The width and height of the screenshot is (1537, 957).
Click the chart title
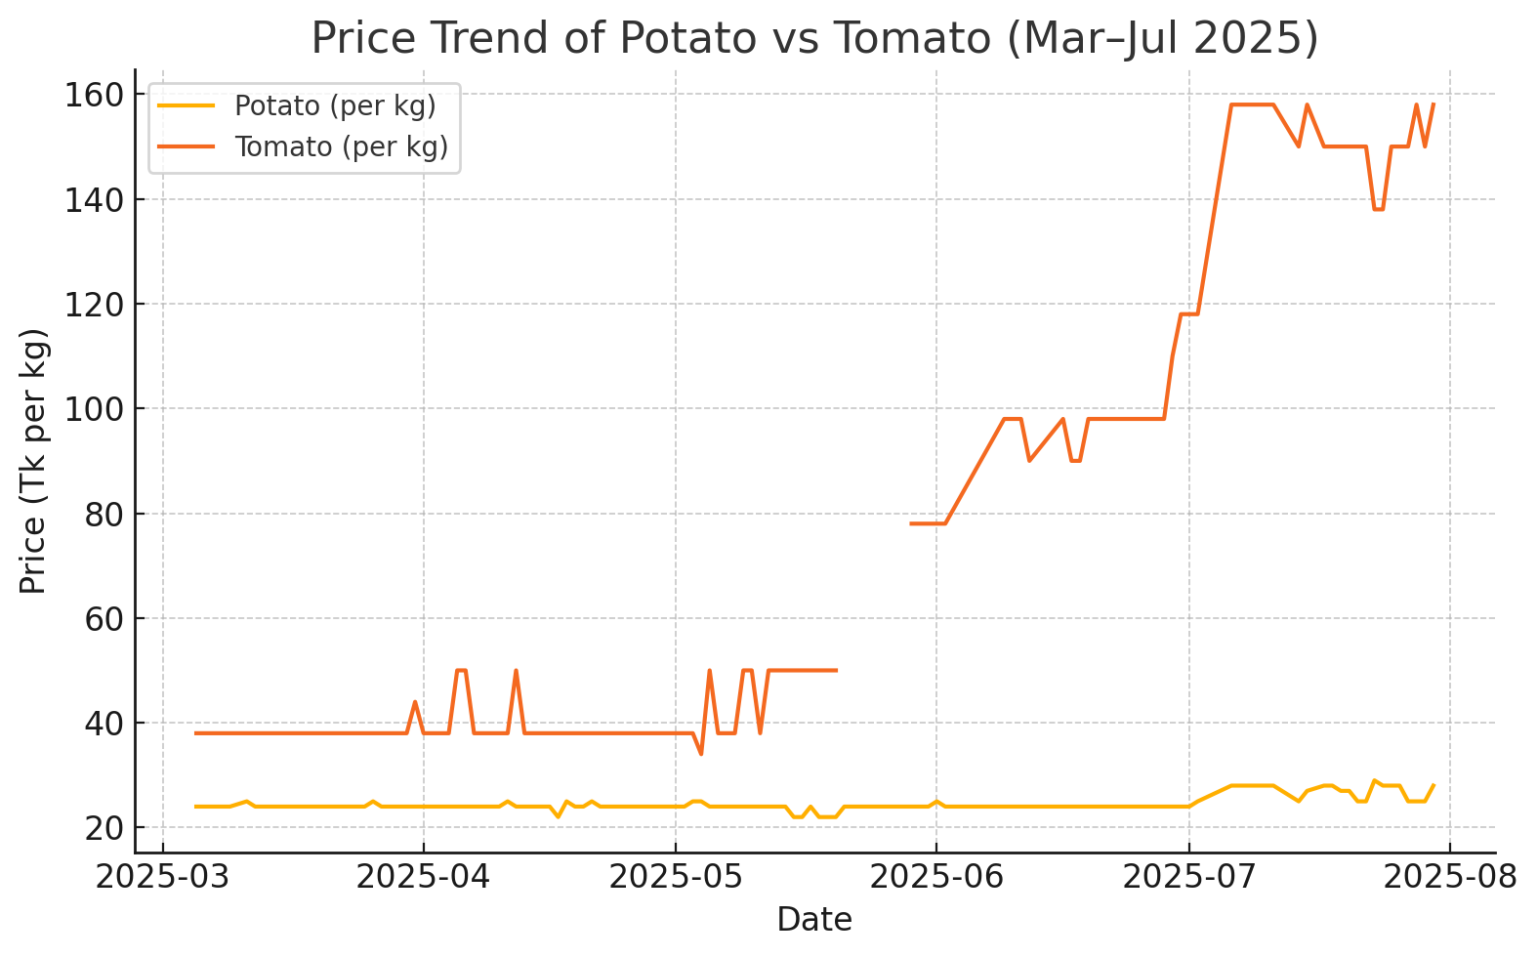814,39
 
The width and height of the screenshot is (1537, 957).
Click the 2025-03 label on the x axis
162,877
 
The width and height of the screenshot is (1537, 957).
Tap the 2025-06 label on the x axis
935,877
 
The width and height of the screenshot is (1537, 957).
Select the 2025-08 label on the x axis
1449,877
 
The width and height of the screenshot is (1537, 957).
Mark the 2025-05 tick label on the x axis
675,877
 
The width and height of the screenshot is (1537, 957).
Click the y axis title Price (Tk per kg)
33,461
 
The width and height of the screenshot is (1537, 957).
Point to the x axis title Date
814,920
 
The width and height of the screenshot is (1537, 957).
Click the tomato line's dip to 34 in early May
700,754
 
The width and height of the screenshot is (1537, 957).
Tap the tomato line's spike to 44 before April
415,701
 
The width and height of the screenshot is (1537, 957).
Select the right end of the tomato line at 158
1433,104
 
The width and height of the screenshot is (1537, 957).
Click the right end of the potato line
1433,785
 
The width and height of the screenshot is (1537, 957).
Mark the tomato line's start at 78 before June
911,523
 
